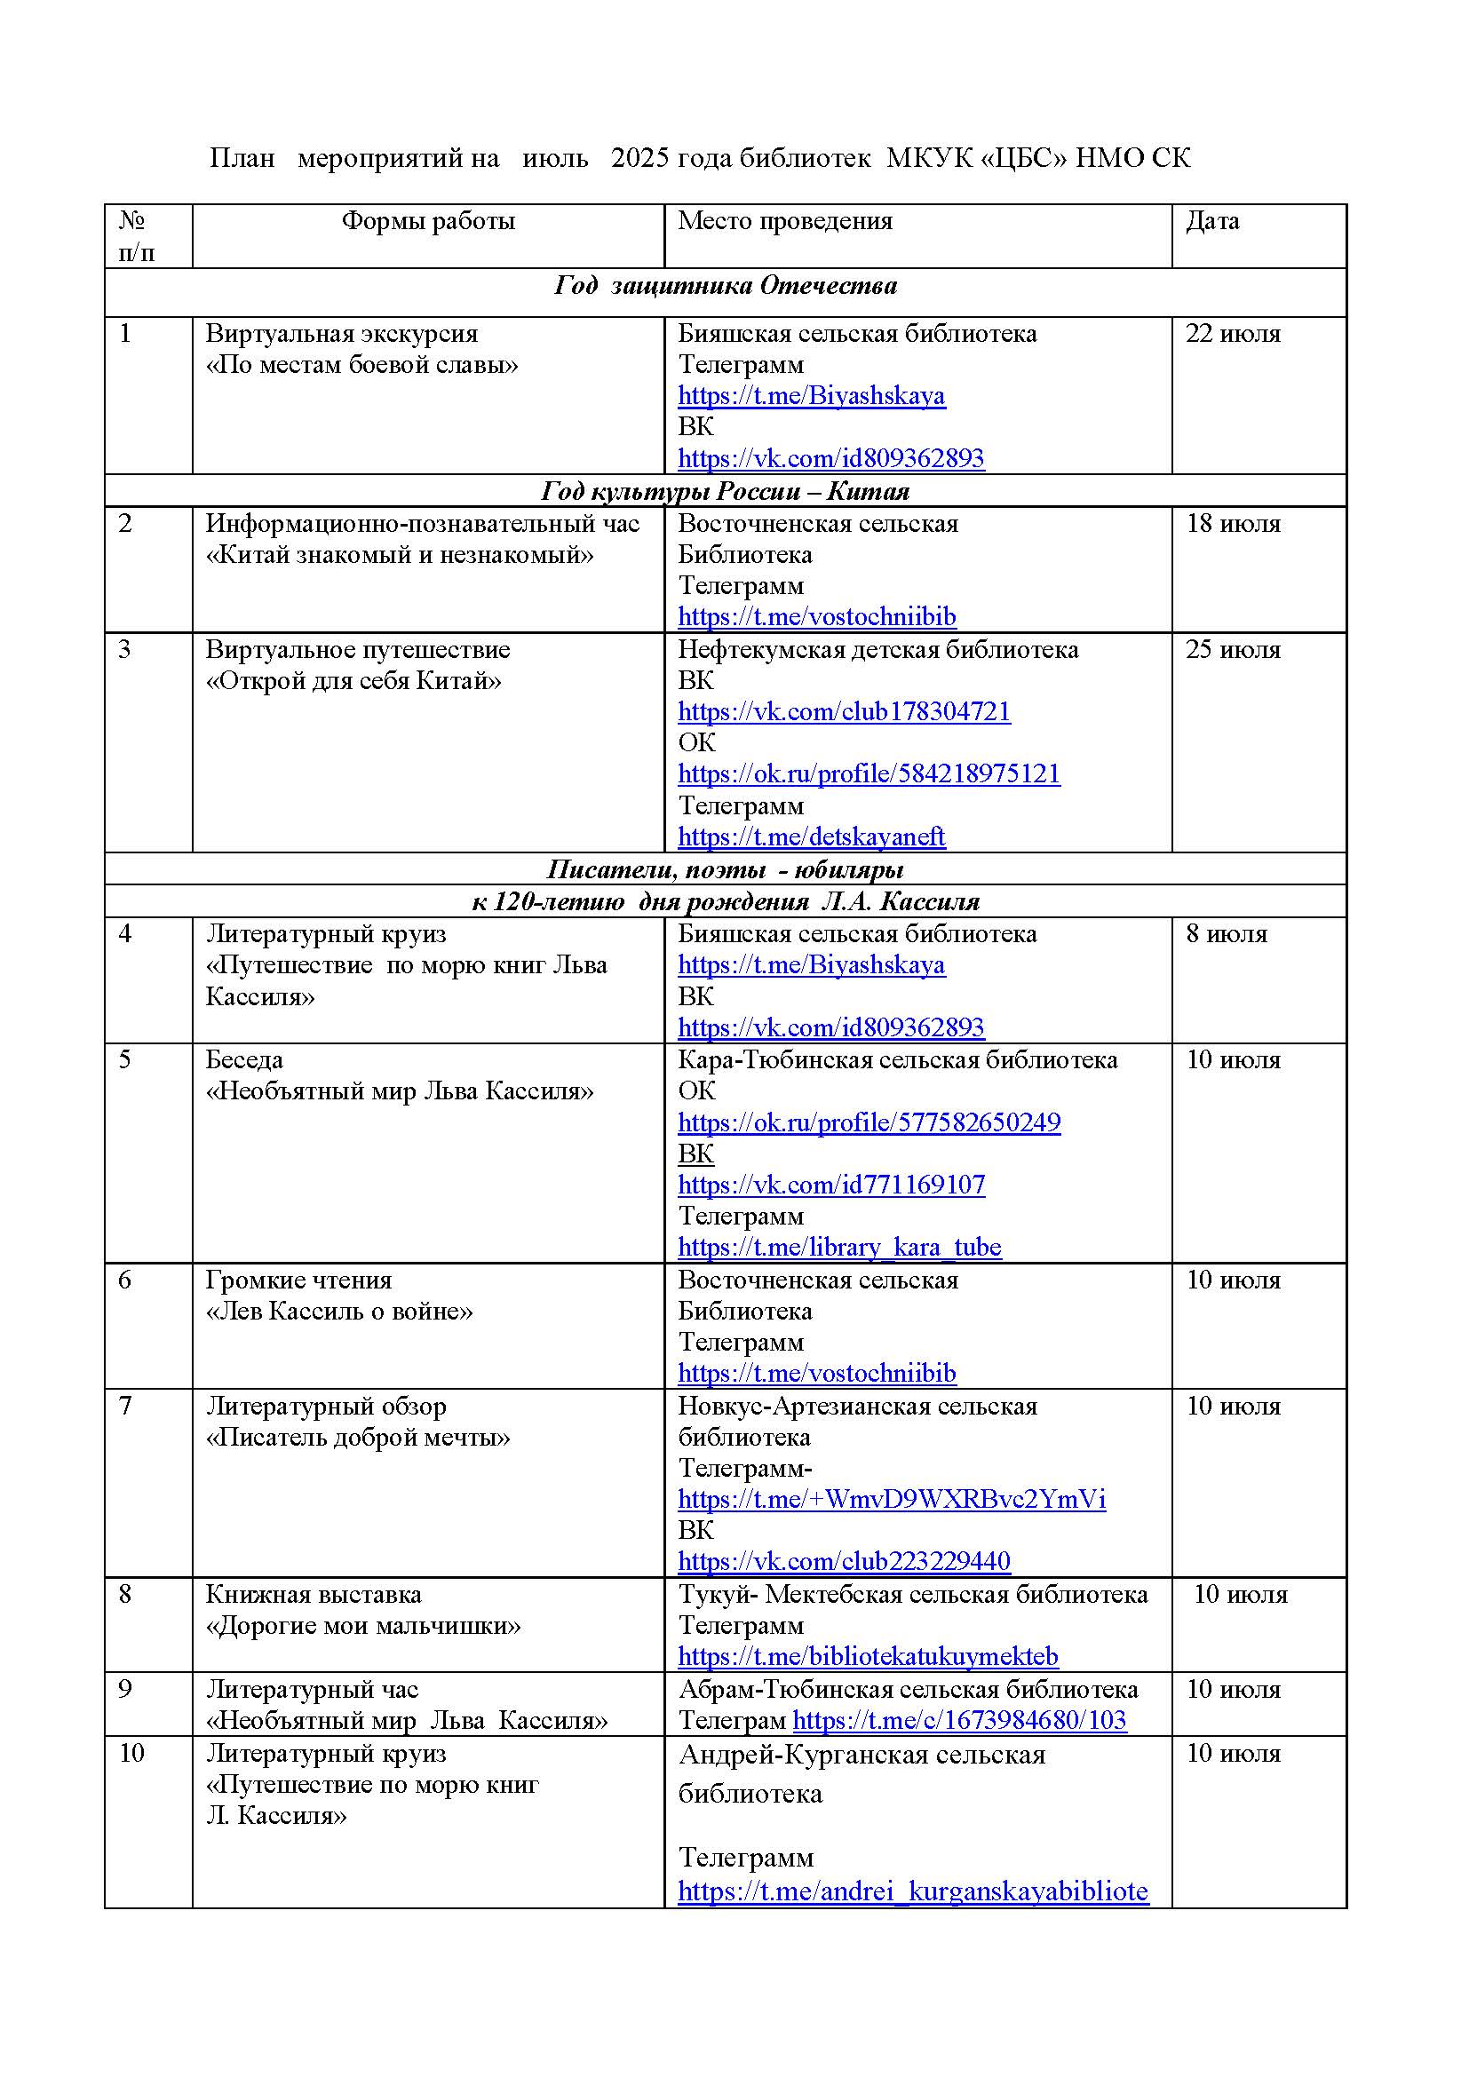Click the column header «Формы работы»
(428, 222)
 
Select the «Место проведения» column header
(784, 222)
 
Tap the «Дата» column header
(1212, 222)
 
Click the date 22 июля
(1233, 334)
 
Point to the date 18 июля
(1233, 524)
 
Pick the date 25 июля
(1233, 649)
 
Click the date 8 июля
(1227, 933)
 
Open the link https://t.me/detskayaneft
(812, 836)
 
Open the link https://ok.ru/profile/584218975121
(869, 774)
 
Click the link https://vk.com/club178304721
(844, 712)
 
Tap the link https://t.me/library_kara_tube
(839, 1248)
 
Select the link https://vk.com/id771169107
(831, 1185)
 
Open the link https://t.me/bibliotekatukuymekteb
(868, 1656)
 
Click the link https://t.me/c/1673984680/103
(959, 1720)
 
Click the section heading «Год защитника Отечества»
(726, 287)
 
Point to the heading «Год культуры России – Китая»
(726, 491)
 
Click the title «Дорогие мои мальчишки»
(363, 1626)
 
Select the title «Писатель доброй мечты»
(358, 1438)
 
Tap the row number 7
(126, 1406)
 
